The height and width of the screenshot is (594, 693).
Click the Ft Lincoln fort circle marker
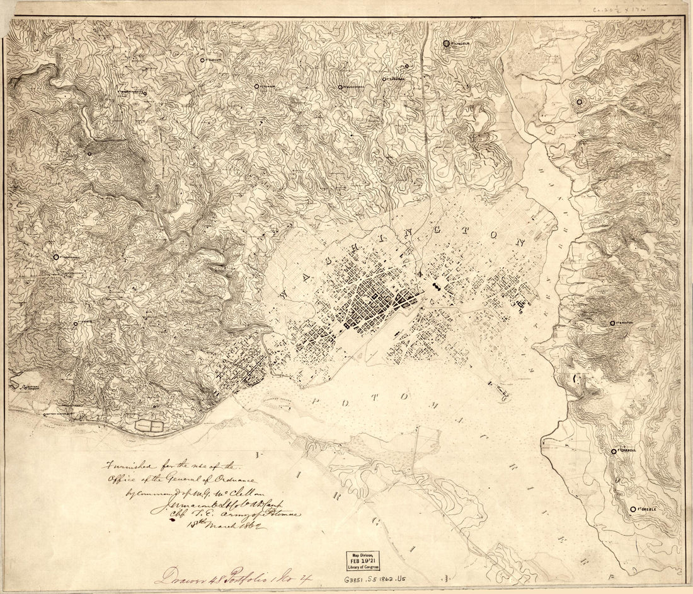tap(446, 44)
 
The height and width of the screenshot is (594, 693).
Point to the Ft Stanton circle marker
tap(612, 323)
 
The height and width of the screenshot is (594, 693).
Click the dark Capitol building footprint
tap(435, 288)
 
